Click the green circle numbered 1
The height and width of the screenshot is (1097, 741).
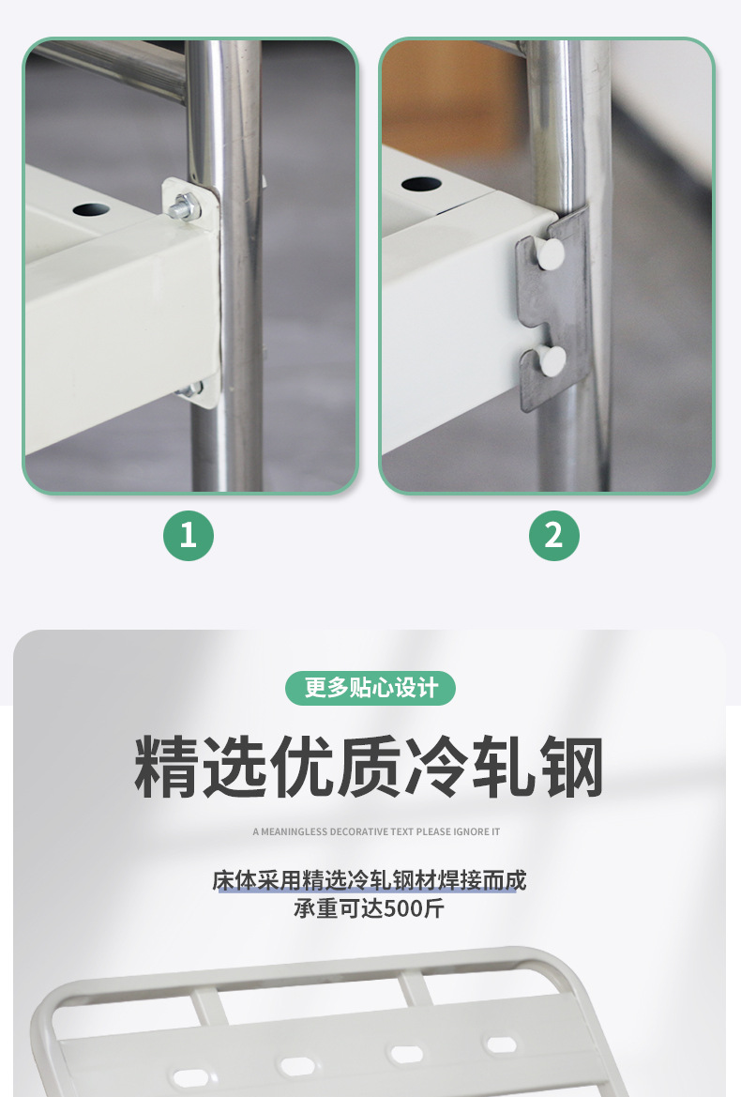click(x=188, y=536)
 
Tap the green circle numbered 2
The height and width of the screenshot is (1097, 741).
click(x=553, y=536)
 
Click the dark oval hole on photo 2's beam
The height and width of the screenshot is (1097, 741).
click(x=421, y=185)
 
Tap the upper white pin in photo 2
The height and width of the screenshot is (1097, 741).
click(x=551, y=254)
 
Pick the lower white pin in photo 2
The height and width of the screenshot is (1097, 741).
click(x=552, y=361)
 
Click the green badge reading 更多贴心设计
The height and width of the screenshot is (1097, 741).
click(x=370, y=688)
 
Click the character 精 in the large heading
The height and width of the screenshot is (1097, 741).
click(x=167, y=767)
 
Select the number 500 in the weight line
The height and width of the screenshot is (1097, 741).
click(x=404, y=908)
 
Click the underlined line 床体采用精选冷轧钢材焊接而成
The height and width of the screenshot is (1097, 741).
click(x=370, y=880)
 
